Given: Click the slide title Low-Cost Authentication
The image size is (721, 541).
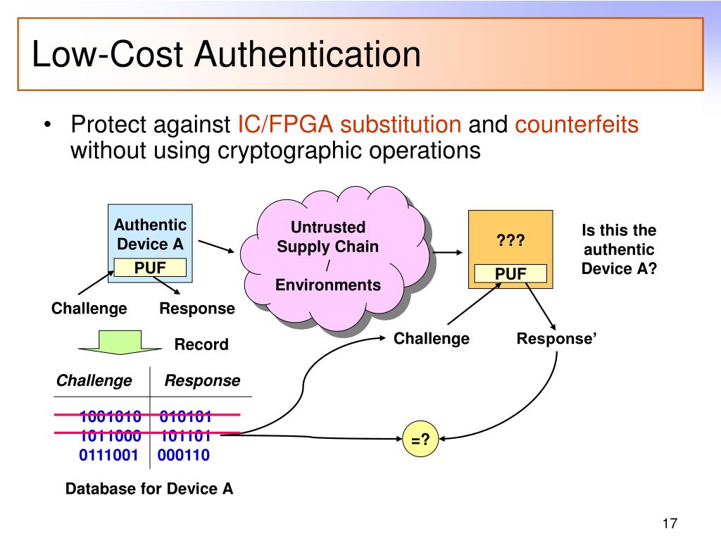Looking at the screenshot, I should tap(226, 56).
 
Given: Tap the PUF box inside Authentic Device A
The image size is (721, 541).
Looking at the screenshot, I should tap(150, 268).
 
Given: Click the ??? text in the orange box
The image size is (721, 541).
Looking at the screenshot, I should tap(511, 242).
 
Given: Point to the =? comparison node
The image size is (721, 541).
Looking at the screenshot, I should tap(420, 440).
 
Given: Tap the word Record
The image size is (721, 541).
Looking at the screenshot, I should tap(201, 344).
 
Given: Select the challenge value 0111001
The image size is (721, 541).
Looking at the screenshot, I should tap(108, 455).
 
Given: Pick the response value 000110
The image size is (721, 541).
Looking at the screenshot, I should tap(184, 455).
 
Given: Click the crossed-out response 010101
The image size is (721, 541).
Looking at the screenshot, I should tap(185, 416).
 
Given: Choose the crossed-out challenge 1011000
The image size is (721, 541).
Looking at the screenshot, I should tap(110, 435).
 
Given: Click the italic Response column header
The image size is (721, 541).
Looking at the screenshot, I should tap(202, 381).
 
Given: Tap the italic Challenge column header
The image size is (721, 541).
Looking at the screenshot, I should tap(94, 381).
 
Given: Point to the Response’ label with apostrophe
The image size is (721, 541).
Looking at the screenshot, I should tap(556, 339).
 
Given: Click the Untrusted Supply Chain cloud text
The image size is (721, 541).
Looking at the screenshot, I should tap(327, 256).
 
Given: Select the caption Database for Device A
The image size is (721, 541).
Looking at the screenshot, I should tap(149, 489).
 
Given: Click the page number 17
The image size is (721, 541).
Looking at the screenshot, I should tap(669, 524).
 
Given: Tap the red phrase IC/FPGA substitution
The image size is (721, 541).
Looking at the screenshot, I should tap(350, 125).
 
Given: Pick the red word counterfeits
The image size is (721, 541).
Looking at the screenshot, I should tap(577, 125).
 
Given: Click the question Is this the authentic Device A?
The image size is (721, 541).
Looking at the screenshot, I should tap(618, 249).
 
